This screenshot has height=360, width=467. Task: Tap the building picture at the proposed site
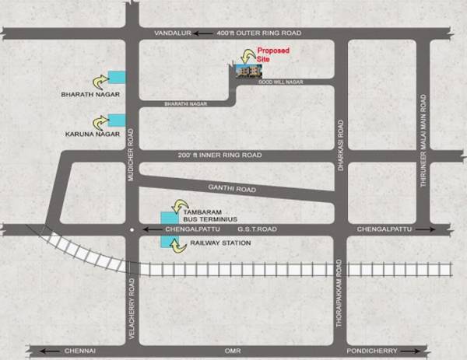click(x=247, y=70)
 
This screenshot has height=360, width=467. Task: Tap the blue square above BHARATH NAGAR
click(x=117, y=76)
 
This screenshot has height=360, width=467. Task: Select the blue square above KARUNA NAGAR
click(x=117, y=120)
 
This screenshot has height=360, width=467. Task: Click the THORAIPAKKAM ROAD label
click(x=339, y=307)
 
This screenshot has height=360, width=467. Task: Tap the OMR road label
click(x=232, y=351)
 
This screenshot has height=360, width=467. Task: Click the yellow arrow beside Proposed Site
click(x=250, y=54)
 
